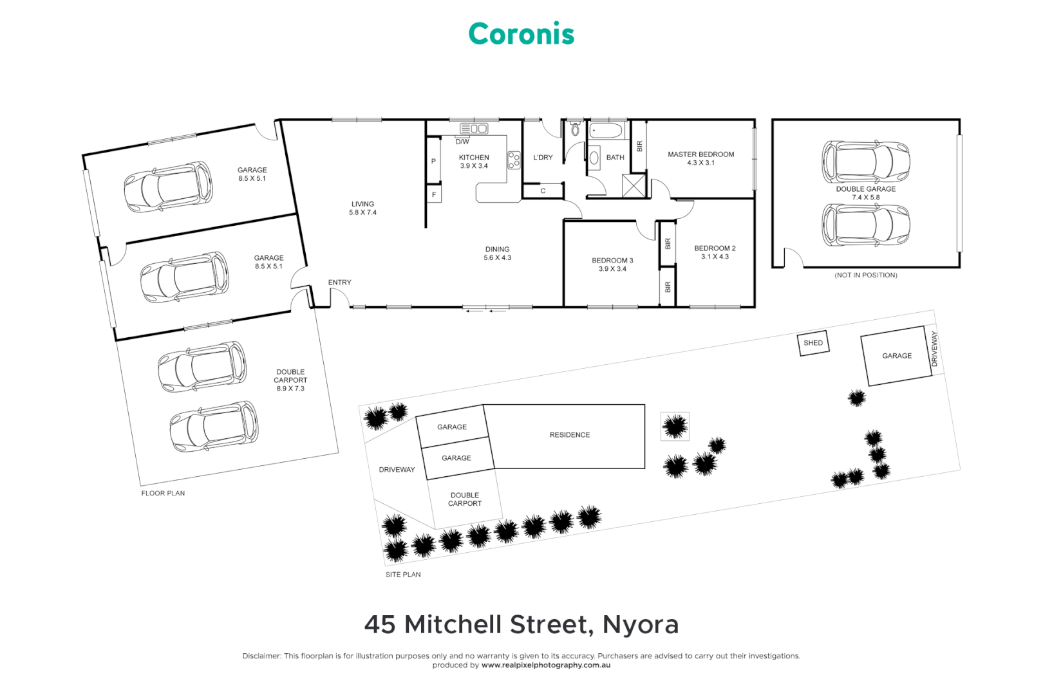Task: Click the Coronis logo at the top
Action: point(521,34)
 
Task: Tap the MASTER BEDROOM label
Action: point(700,154)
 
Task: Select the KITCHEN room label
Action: point(474,158)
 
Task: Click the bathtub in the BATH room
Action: point(606,131)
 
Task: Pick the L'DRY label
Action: point(543,158)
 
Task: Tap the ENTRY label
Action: point(339,283)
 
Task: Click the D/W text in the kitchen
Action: point(462,142)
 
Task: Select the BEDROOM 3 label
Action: point(612,261)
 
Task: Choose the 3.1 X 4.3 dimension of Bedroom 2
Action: point(715,257)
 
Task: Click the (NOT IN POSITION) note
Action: point(865,275)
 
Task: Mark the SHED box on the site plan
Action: point(813,343)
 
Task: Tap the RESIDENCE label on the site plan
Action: point(569,435)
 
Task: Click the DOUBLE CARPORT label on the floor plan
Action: point(290,376)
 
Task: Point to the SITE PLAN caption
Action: point(403,575)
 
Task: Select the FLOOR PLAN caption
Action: point(163,494)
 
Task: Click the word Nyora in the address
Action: point(640,625)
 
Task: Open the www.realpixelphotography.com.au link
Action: point(545,665)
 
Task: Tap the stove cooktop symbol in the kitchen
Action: point(514,160)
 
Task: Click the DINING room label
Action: point(497,249)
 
